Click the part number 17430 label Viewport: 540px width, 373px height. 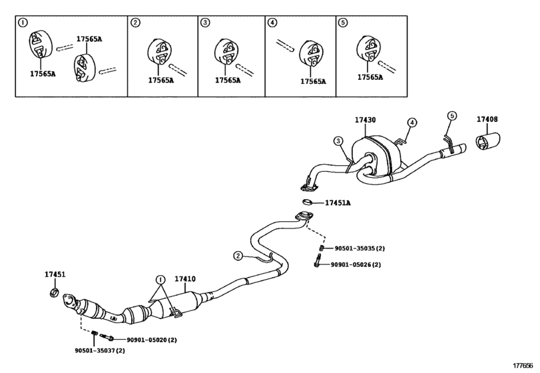(x=366, y=120)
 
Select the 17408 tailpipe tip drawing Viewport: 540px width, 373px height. (x=487, y=141)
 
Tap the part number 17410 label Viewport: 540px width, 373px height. (x=185, y=278)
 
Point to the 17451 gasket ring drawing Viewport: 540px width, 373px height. (x=54, y=293)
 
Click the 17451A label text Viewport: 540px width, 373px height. (x=338, y=203)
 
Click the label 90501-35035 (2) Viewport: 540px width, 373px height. (x=360, y=248)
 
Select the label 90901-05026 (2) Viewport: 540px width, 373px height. (x=356, y=264)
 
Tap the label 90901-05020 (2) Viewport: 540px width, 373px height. (x=152, y=340)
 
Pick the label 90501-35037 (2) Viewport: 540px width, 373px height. (x=100, y=350)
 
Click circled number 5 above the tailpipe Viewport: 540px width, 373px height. (x=452, y=116)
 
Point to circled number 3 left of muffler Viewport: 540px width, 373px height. (x=338, y=141)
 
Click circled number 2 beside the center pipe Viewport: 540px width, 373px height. (x=238, y=256)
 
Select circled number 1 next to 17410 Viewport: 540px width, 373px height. (x=160, y=279)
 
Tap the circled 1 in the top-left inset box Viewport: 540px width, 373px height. (x=23, y=23)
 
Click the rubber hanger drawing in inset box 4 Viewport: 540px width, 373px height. (x=311, y=54)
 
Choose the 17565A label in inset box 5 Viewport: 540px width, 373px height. (x=370, y=77)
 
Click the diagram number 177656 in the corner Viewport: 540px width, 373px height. (x=523, y=366)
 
